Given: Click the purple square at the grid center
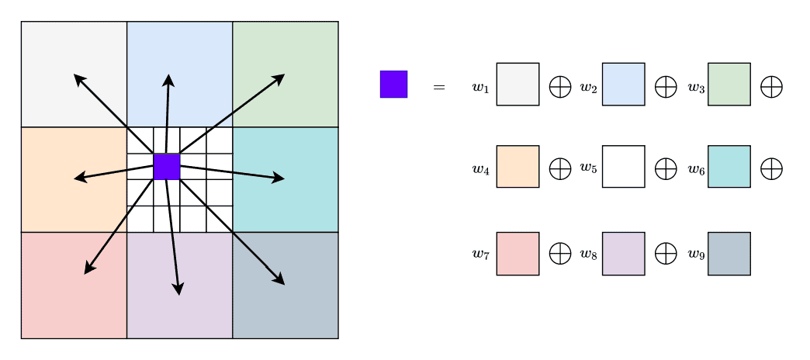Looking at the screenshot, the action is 167,167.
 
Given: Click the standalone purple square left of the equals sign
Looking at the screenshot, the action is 393,85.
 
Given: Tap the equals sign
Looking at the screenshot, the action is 438,88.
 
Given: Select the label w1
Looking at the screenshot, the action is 480,88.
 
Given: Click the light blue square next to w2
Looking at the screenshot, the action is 624,85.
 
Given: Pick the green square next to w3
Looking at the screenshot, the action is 729,85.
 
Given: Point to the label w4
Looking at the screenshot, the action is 480,169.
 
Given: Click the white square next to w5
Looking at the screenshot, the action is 624,166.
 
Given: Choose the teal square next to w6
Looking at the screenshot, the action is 729,166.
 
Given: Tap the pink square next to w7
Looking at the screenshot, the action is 517,254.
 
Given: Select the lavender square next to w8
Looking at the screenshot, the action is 624,254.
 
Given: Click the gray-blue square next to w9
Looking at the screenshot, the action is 729,254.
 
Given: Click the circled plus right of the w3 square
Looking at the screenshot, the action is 772,87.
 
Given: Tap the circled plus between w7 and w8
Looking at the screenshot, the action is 560,254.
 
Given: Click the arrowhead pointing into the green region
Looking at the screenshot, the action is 279,79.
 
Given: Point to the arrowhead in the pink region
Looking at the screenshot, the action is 89,268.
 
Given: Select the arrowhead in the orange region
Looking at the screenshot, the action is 80,178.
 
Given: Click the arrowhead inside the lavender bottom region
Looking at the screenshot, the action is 178,289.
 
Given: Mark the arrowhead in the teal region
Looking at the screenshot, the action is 279,178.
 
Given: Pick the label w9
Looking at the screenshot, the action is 697,254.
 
